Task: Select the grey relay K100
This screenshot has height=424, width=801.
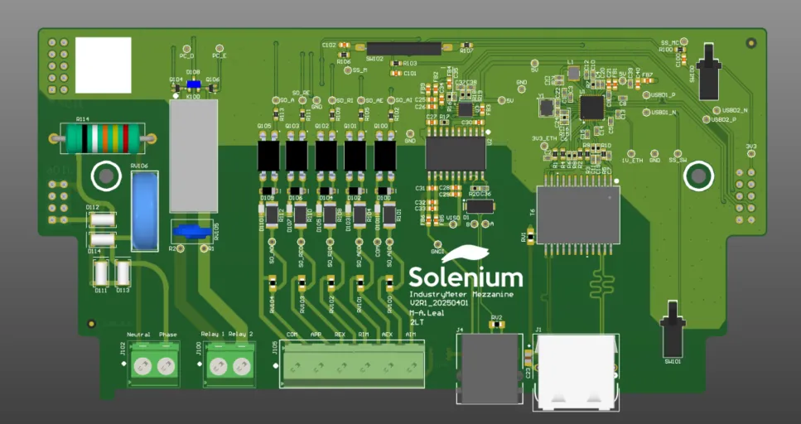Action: click(193, 157)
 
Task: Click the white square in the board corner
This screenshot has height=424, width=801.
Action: click(104, 65)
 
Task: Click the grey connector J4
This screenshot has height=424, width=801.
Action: click(488, 368)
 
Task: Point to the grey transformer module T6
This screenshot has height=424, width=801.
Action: click(578, 214)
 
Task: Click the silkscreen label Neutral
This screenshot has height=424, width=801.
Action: click(138, 335)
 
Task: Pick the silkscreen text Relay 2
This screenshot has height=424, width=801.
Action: click(241, 335)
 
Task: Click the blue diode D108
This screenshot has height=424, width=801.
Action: click(194, 83)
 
